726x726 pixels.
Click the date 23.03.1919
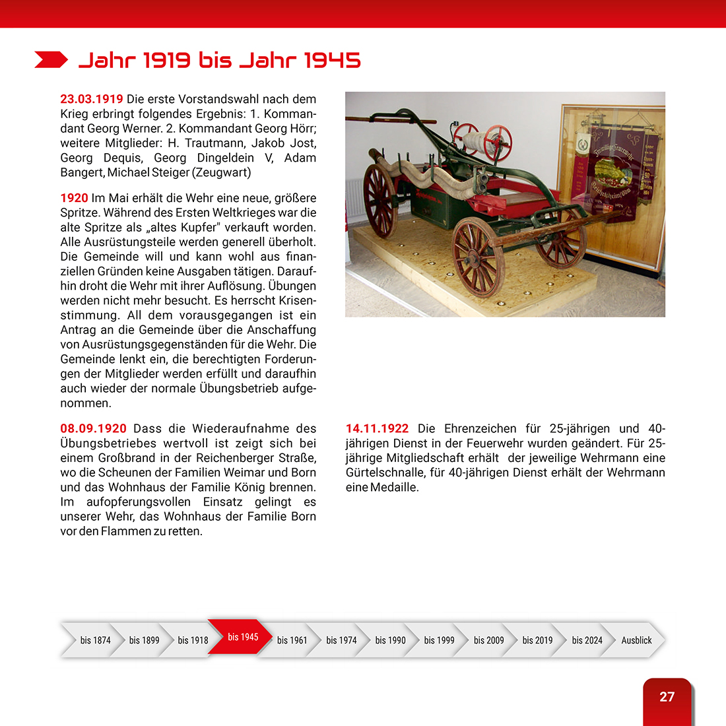click(91, 99)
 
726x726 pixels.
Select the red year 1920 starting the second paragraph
click(74, 198)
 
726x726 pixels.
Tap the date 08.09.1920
click(93, 429)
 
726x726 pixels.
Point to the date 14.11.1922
click(377, 429)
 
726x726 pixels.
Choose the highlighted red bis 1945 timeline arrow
click(242, 637)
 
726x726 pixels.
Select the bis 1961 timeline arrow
click(292, 640)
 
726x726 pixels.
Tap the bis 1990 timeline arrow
click(390, 640)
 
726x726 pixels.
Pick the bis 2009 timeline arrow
click(488, 640)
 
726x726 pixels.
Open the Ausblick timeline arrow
click(636, 640)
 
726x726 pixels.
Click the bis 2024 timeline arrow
click(587, 640)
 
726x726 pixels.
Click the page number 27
click(667, 697)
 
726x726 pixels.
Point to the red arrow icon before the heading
click(51, 60)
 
